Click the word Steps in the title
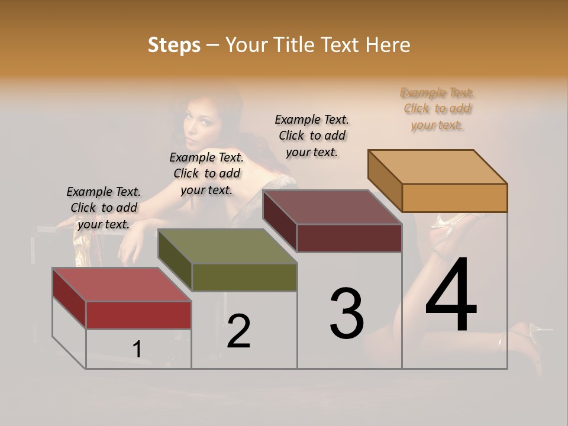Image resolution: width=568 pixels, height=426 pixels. tap(174, 45)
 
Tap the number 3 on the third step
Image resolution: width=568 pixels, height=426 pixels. tap(347, 314)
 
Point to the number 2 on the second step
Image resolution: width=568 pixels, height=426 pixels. tap(239, 331)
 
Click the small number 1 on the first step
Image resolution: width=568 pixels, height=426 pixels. tap(137, 349)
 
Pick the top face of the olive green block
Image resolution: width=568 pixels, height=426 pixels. tap(228, 246)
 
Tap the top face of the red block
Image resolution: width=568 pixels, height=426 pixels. tap(122, 285)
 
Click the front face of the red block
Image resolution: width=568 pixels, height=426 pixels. tap(138, 315)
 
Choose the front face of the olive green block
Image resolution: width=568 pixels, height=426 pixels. tap(244, 277)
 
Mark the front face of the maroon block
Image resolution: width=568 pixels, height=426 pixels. tap(349, 238)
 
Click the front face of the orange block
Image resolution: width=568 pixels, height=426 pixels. tap(454, 198)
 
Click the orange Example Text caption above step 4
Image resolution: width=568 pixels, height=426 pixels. tap(437, 109)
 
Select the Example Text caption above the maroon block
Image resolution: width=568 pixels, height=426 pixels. tap(312, 135)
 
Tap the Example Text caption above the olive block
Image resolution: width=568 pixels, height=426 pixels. tap(206, 173)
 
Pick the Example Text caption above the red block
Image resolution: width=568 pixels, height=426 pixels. tap(104, 208)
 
